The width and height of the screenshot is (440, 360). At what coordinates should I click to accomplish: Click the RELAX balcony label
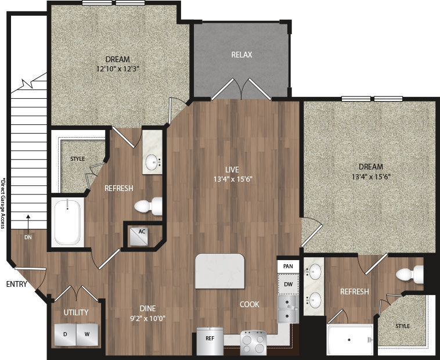point(241,55)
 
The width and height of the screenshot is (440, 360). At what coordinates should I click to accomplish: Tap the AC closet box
point(139,235)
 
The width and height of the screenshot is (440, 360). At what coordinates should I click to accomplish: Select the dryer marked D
point(66,334)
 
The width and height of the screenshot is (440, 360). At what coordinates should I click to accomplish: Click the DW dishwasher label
point(287,284)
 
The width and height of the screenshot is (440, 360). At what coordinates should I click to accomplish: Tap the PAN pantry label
point(287,266)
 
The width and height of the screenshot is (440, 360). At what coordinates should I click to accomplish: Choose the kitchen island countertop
point(221,271)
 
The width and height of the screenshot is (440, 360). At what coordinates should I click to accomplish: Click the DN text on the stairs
point(28,237)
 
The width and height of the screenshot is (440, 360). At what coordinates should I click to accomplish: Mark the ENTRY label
point(17,284)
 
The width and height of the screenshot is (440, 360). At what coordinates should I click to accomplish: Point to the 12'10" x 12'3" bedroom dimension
point(117,69)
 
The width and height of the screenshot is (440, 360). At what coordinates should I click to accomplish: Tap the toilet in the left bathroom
point(149,206)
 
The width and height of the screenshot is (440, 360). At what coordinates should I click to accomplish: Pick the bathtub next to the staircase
point(67,221)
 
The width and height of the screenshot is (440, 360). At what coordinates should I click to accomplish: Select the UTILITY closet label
point(76,312)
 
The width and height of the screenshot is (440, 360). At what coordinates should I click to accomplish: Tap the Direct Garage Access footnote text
point(3,203)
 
